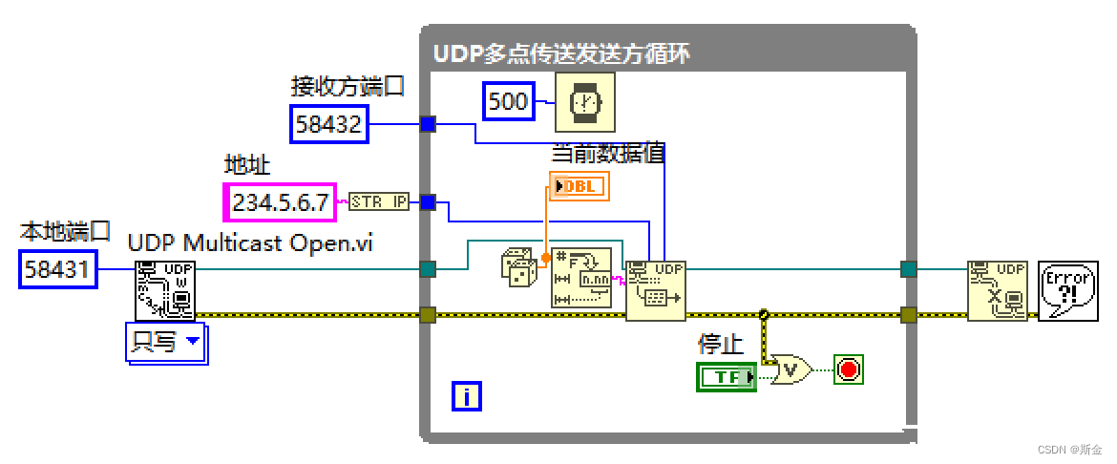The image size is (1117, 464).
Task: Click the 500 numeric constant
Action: click(x=508, y=101)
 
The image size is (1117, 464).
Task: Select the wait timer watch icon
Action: click(x=585, y=101)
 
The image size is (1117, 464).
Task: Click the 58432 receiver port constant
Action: click(x=329, y=124)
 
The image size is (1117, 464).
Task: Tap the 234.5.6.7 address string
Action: click(x=280, y=201)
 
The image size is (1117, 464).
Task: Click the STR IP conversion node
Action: click(x=379, y=201)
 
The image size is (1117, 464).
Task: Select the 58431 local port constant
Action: click(x=58, y=270)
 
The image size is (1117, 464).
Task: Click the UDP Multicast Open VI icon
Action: click(x=164, y=288)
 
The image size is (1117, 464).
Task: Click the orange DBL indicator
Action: click(x=579, y=186)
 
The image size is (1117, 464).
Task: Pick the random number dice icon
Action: click(x=518, y=268)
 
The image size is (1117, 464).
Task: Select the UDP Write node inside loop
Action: click(x=656, y=290)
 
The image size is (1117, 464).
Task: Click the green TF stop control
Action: click(x=727, y=377)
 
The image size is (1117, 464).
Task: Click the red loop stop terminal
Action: click(x=848, y=369)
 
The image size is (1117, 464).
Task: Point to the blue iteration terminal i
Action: click(x=466, y=395)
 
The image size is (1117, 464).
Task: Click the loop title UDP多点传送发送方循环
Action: click(x=562, y=53)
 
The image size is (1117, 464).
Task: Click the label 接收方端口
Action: click(x=348, y=87)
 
